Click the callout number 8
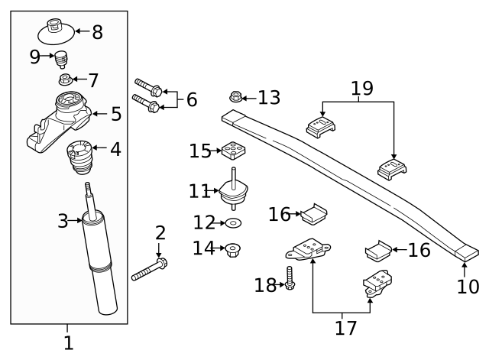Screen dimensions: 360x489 pos(97,32)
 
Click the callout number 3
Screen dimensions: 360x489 pos(63,222)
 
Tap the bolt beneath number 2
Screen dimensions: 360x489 pos(150,270)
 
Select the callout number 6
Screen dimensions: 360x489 pos(191,99)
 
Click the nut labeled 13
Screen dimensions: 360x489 pos(236,97)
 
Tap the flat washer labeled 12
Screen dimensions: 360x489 pos(233,223)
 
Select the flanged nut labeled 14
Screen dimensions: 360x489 pos(232,248)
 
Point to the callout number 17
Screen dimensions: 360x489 pos(345,328)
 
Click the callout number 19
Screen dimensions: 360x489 pos(362,89)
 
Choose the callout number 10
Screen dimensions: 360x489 pos(468,287)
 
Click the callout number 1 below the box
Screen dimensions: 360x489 pos(67,342)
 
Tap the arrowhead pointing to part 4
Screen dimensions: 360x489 pos(92,149)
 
